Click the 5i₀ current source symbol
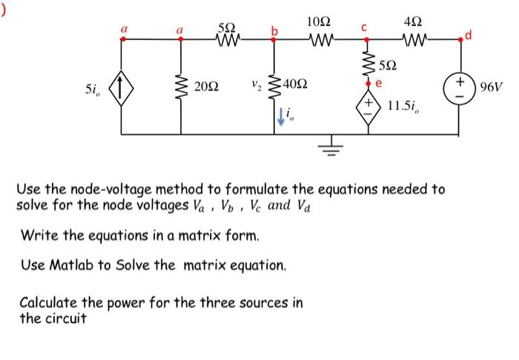tap(123, 90)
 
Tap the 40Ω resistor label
tap(298, 89)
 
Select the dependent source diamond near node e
tap(368, 103)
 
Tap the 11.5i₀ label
tap(406, 105)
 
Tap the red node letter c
tap(364, 28)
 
